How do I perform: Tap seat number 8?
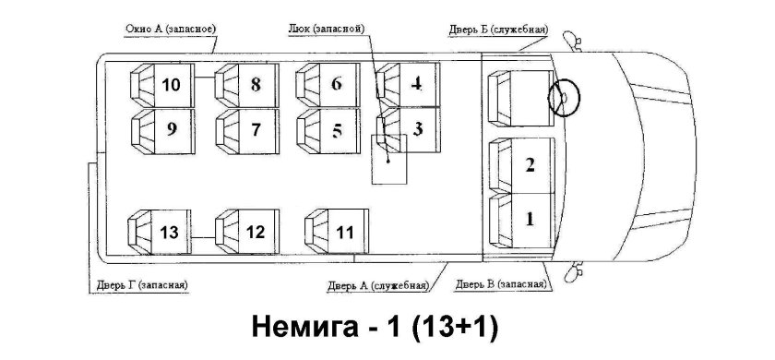pos(247,85)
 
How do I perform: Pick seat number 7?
pos(247,129)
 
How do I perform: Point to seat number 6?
pos(328,85)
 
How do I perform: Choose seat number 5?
pos(328,129)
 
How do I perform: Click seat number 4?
pos(410,85)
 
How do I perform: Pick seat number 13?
pos(162,231)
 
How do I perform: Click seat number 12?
pos(248,231)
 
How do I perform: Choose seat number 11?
pos(338,231)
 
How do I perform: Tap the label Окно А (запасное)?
pos(171,29)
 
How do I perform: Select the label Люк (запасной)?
pos(327,29)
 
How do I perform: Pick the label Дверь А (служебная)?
pos(377,284)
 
